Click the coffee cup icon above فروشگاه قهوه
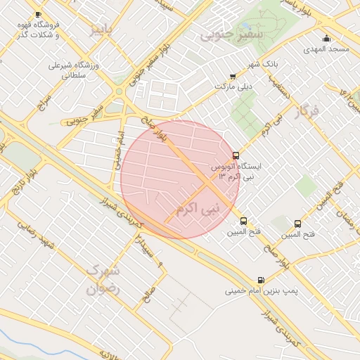tap(37, 15)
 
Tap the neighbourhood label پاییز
tap(101, 30)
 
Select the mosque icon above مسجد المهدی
tap(326, 39)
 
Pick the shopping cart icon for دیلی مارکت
tap(233, 77)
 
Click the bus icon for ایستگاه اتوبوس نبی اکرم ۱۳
tap(235, 155)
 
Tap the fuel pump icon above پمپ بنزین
tap(262, 279)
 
